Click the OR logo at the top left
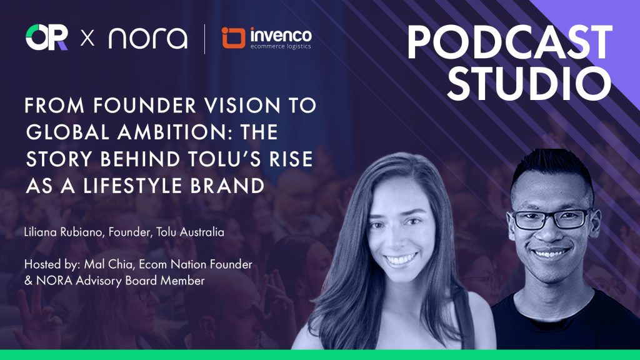pyautogui.click(x=46, y=37)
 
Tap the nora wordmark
pyautogui.click(x=147, y=38)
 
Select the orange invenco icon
pyautogui.click(x=234, y=38)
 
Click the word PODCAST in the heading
pyautogui.click(x=510, y=42)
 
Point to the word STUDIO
pyautogui.click(x=529, y=83)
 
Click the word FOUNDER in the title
pyautogui.click(x=145, y=105)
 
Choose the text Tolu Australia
pyautogui.click(x=190, y=232)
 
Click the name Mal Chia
pyautogui.click(x=109, y=264)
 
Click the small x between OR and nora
pyautogui.click(x=87, y=39)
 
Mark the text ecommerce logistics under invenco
pyautogui.click(x=281, y=46)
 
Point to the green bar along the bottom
pyautogui.click(x=320, y=355)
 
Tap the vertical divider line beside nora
pyautogui.click(x=204, y=39)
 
